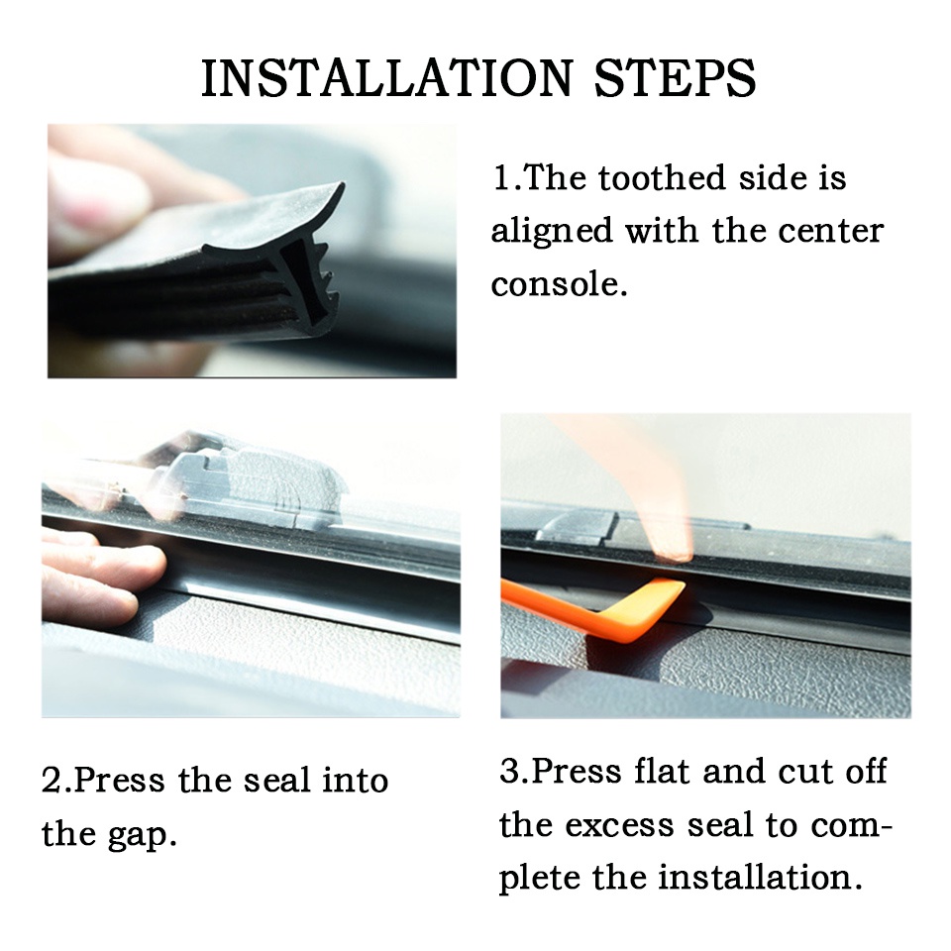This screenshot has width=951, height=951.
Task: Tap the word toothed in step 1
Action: click(x=663, y=177)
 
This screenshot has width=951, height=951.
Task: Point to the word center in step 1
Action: click(x=831, y=231)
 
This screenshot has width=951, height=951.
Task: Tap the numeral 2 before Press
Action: click(x=52, y=781)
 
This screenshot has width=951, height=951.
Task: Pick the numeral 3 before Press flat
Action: click(x=509, y=772)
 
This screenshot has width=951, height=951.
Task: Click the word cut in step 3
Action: click(x=802, y=772)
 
